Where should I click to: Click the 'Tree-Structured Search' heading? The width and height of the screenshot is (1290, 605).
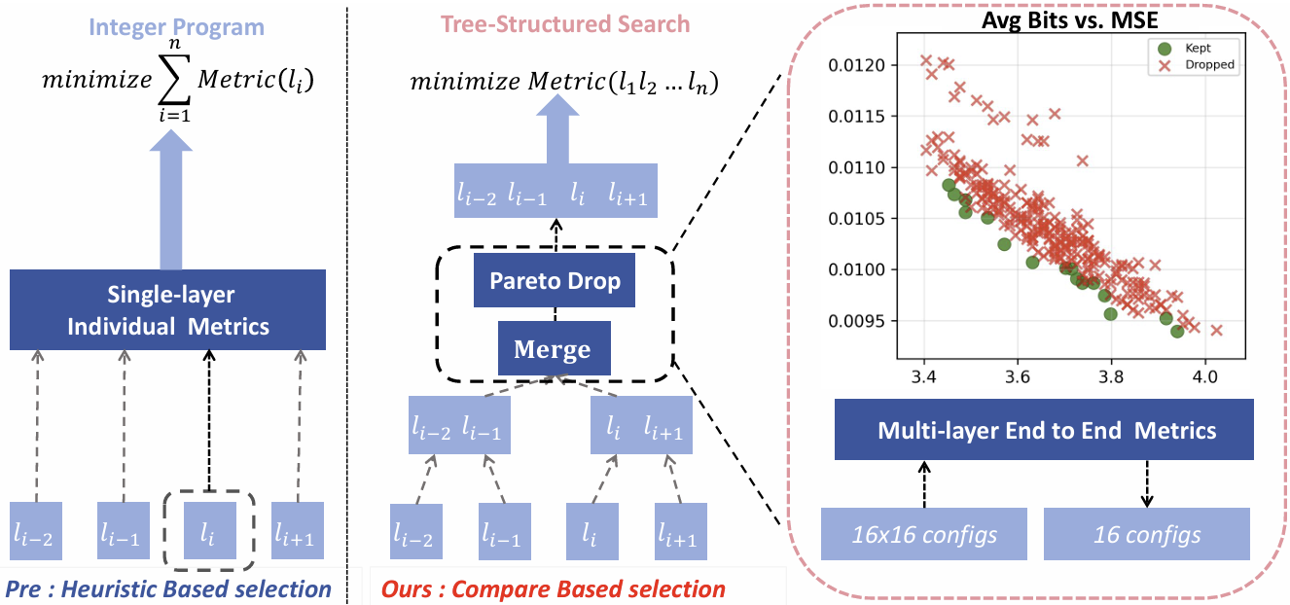click(x=565, y=24)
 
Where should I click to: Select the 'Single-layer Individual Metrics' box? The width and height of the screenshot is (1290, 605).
click(x=167, y=310)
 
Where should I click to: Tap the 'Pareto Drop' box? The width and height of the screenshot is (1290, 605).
click(x=553, y=283)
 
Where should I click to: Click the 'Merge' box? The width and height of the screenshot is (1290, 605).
click(x=553, y=348)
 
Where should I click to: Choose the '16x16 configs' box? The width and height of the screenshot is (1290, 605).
click(x=923, y=534)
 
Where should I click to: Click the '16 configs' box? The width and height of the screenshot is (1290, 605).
click(x=1146, y=534)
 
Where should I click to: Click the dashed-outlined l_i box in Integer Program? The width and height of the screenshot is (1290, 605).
click(x=208, y=531)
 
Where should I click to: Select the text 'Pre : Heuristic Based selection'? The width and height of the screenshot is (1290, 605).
click(x=168, y=588)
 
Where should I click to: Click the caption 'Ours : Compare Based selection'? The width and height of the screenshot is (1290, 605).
click(x=553, y=589)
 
